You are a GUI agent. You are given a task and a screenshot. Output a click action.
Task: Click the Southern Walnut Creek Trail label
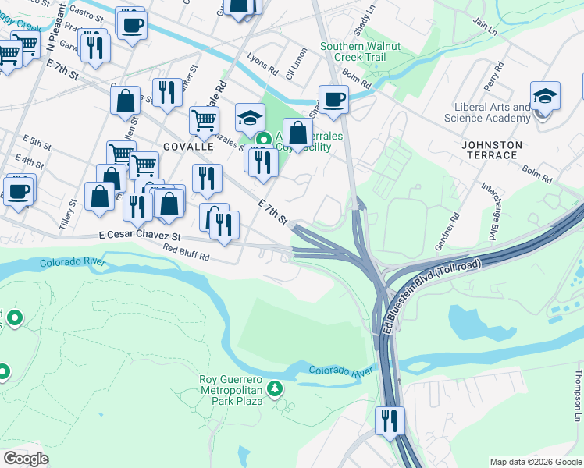coord(360,51)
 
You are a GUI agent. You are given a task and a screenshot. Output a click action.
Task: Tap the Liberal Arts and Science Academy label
coord(487,112)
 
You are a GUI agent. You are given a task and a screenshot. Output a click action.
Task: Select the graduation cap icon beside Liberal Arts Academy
coord(545,98)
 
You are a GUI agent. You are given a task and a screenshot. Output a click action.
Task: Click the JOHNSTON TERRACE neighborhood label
coord(500,150)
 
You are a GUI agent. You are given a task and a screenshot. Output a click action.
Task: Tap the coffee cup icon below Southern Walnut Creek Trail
coord(333,100)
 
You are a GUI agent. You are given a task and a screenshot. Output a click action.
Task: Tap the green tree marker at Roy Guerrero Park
coord(275,388)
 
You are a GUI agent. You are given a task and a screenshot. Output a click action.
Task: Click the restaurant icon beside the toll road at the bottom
coord(389,421)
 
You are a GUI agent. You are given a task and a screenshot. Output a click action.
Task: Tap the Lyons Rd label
coord(262,69)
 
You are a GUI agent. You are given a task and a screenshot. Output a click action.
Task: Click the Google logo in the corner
coord(26,459)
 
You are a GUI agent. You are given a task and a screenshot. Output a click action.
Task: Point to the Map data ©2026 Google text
coord(535,462)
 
